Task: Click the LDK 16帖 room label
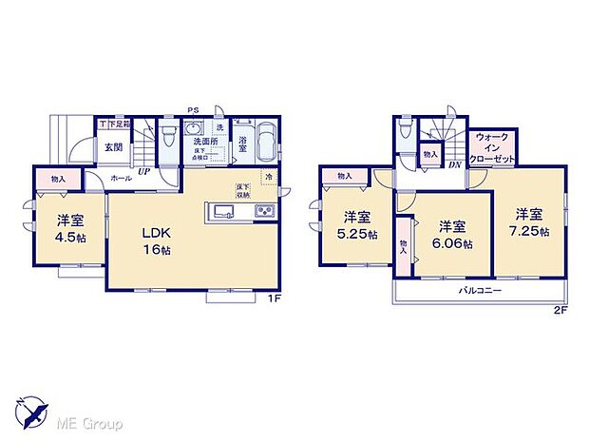click(157, 240)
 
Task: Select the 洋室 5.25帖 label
click(358, 225)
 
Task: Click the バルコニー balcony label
click(482, 290)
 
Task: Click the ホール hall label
click(121, 178)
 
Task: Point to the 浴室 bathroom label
click(242, 145)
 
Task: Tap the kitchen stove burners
click(263, 210)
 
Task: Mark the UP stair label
click(143, 172)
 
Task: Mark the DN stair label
click(455, 163)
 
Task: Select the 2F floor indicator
click(560, 310)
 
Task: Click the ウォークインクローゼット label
click(492, 148)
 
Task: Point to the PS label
click(194, 109)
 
